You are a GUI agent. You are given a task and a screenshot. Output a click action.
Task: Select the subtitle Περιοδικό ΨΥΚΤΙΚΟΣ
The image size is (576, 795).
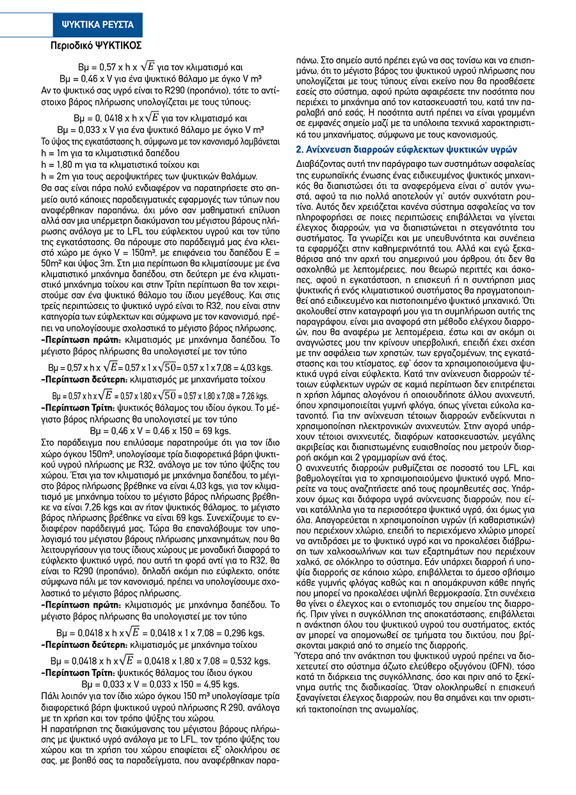coord(96,46)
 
